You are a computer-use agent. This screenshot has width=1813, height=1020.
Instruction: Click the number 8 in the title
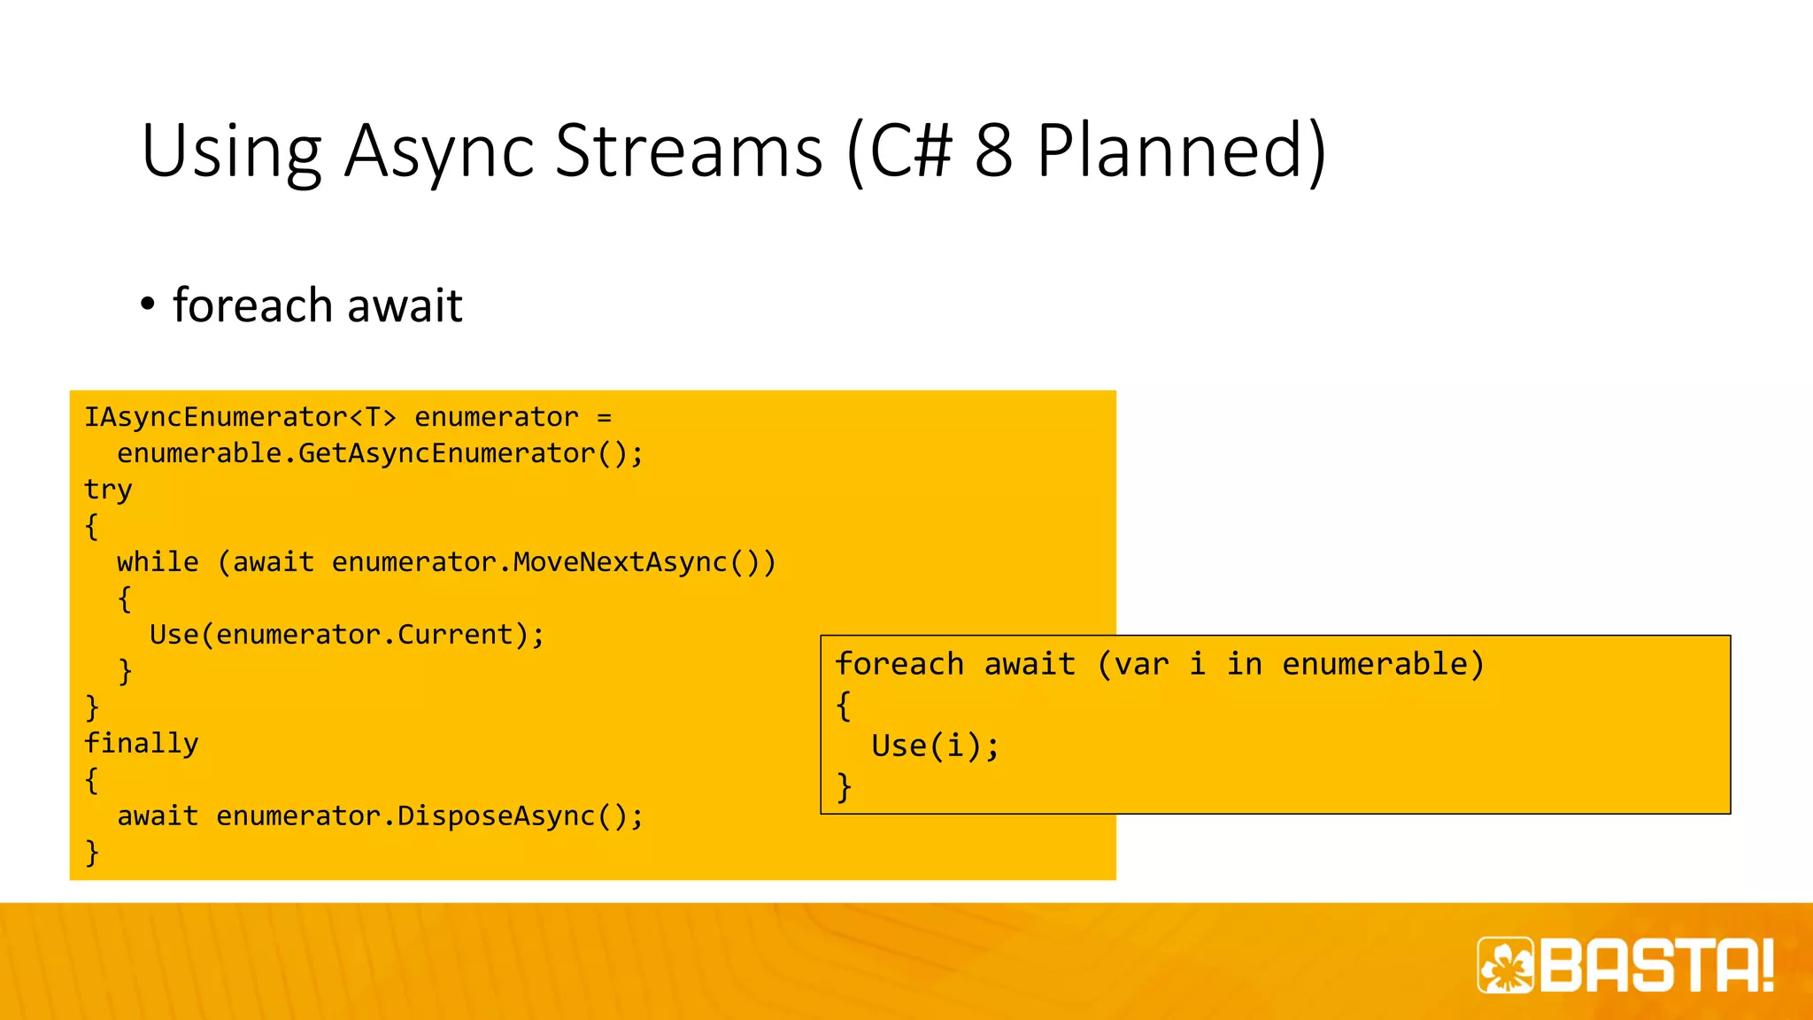[993, 151]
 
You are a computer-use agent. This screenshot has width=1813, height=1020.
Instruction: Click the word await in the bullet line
[405, 306]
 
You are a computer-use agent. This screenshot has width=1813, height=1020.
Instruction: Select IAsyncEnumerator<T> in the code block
[240, 417]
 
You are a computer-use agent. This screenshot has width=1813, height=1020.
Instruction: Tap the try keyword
[108, 491]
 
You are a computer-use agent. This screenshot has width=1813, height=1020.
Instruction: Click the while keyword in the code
[158, 562]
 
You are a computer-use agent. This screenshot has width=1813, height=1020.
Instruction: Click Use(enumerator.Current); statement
[346, 635]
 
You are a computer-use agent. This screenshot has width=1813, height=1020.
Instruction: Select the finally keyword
[141, 744]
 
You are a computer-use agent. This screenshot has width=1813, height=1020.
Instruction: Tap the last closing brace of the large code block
[92, 853]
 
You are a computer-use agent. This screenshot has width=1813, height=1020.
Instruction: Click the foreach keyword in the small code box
[899, 664]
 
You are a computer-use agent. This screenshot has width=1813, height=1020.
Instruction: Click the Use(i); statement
[935, 746]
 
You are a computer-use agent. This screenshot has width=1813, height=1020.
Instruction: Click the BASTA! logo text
[1656, 965]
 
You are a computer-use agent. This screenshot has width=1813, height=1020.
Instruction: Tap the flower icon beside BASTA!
[1506, 965]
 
